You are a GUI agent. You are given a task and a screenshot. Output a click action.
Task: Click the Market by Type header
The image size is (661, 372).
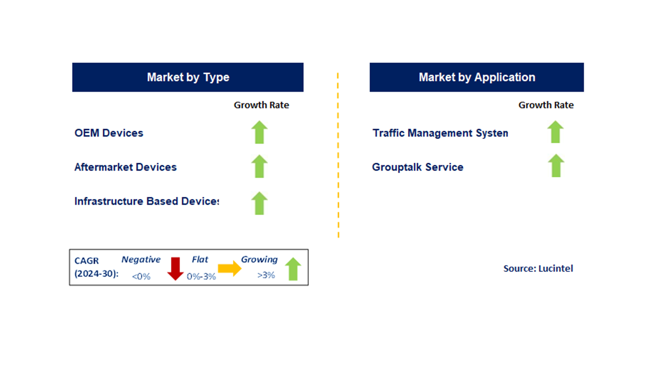click(188, 78)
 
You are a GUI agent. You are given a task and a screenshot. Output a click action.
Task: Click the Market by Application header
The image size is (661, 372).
click(477, 78)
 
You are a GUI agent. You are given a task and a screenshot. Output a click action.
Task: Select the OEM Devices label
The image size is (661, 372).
click(109, 133)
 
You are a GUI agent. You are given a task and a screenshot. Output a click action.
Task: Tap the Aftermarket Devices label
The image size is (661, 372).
click(125, 167)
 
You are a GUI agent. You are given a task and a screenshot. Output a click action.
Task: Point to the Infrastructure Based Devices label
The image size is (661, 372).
click(147, 201)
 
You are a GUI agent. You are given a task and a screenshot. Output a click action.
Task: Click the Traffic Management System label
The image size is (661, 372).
click(440, 133)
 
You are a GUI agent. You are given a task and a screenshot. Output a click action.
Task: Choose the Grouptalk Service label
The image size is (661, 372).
click(418, 167)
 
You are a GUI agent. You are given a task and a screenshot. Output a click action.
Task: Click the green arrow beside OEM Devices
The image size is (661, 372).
click(259, 132)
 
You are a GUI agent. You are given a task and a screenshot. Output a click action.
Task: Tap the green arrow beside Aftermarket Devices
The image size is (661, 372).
click(259, 166)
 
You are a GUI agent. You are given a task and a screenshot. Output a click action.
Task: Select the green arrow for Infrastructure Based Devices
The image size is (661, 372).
click(259, 203)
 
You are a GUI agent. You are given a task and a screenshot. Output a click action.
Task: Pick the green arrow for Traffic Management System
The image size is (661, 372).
click(556, 132)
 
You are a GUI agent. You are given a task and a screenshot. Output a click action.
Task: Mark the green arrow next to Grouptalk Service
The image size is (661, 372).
click(556, 166)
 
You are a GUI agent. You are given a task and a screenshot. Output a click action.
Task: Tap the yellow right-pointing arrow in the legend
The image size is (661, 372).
click(229, 269)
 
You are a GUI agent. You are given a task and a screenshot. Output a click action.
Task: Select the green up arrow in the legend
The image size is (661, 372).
click(293, 269)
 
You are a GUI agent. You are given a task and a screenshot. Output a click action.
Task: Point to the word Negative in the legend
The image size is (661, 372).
click(141, 259)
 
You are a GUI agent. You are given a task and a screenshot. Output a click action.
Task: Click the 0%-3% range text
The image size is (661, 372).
click(201, 276)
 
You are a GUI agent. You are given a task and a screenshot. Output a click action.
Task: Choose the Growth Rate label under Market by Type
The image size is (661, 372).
click(261, 105)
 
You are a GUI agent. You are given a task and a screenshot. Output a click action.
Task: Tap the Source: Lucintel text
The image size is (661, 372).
click(538, 268)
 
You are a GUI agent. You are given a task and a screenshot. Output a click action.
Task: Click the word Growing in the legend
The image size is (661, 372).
click(259, 259)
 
